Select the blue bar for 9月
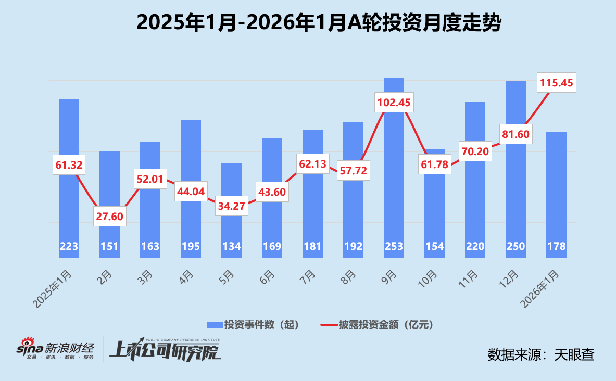click(x=394, y=172)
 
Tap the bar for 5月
click(x=231, y=219)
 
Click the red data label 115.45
click(x=556, y=82)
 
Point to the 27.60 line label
click(x=110, y=216)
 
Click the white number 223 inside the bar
click(x=69, y=247)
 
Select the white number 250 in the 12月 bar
click(x=516, y=247)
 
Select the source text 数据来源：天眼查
click(x=541, y=354)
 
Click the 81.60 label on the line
click(x=516, y=134)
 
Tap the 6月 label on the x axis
click(x=266, y=275)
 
